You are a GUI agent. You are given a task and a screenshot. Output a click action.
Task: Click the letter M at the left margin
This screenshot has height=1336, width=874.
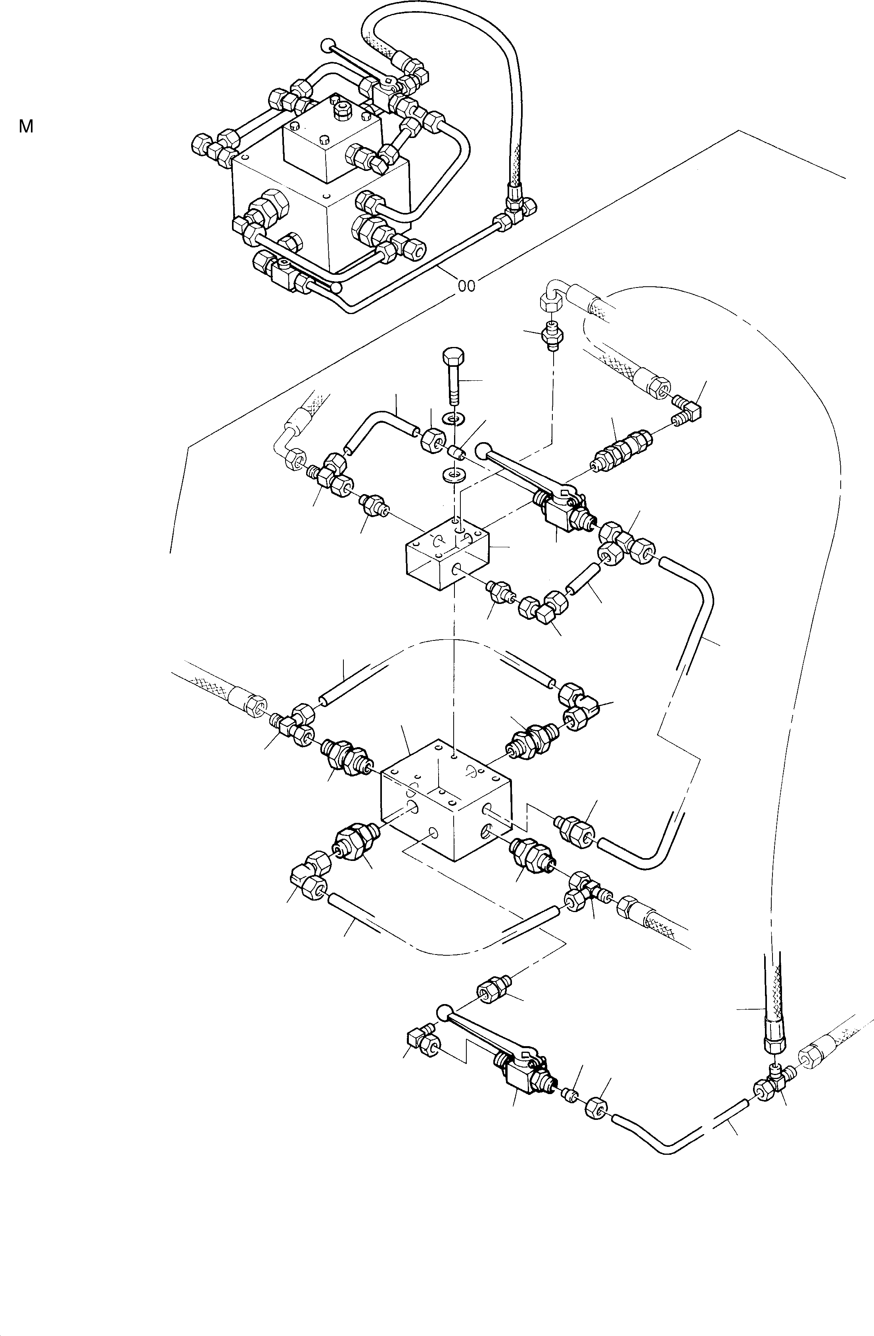[x=26, y=127]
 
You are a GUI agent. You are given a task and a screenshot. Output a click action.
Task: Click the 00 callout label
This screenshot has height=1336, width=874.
[x=466, y=286]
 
